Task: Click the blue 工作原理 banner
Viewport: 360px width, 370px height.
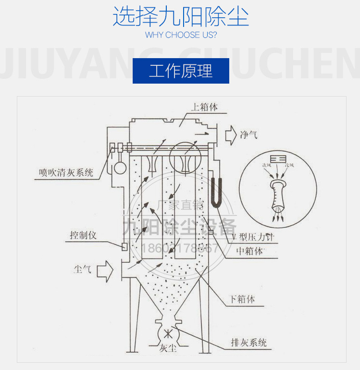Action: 181,71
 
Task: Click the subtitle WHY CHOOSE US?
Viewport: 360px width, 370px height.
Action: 181,35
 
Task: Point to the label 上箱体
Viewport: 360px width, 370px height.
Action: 204,107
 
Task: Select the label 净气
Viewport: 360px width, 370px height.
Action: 248,134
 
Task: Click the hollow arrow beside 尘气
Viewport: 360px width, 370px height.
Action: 104,272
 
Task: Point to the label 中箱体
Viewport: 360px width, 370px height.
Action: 250,250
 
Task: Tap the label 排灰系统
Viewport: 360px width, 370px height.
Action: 248,343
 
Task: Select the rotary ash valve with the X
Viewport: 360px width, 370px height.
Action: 167,333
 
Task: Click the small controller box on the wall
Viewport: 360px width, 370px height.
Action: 124,247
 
